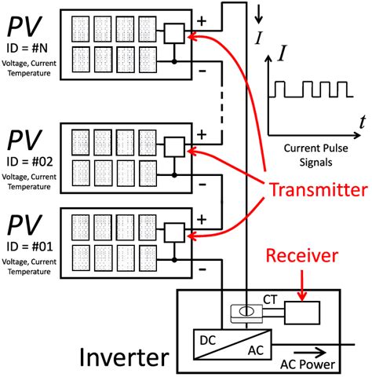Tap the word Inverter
tap(123, 358)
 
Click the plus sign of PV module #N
tap(202, 20)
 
